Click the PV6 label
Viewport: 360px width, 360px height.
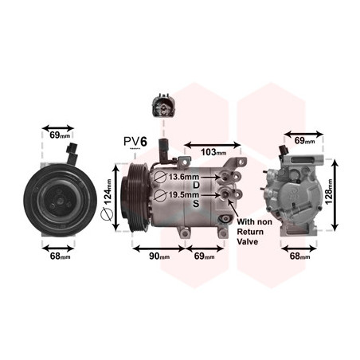(x=135, y=142)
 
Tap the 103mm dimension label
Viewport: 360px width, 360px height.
(x=213, y=152)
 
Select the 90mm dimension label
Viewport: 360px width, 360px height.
(x=159, y=256)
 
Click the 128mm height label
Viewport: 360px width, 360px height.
(x=329, y=191)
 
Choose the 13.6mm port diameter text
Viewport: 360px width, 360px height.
(x=184, y=177)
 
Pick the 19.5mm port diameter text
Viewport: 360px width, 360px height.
(x=184, y=195)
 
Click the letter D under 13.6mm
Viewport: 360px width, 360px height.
(x=196, y=185)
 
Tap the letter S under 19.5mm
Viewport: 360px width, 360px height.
(x=196, y=204)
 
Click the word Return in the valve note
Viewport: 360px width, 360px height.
(x=250, y=232)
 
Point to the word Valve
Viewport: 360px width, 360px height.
(x=247, y=242)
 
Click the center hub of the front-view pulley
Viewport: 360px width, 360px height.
(x=60, y=201)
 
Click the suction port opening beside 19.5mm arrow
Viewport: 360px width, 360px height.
(x=225, y=195)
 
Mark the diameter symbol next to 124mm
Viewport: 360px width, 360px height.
(x=107, y=214)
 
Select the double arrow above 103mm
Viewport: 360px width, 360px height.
(x=213, y=145)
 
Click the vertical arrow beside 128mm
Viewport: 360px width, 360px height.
(x=335, y=195)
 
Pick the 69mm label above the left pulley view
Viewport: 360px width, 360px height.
(x=60, y=135)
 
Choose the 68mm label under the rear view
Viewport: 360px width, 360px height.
(x=299, y=256)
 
